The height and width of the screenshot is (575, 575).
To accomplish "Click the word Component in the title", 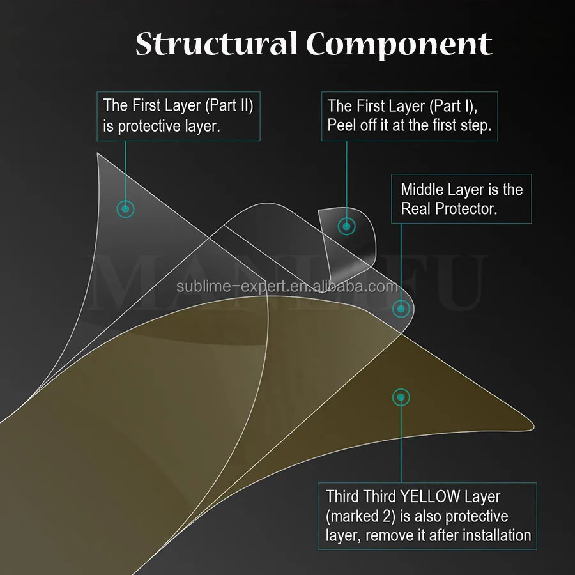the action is pos(399,45).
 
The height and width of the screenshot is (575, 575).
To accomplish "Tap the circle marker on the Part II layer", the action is pos(126,208).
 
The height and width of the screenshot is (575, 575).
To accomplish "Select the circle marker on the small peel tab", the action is pos(346,226).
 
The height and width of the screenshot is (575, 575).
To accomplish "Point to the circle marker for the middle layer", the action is pos(401,309).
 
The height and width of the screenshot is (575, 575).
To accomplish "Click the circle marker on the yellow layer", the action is pos(401,397).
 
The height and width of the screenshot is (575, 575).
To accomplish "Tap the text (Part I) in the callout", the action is pos(454,105).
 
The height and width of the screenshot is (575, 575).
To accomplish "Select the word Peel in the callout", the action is pos(342,125).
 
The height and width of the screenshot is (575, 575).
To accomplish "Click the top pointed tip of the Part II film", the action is pos(98,155).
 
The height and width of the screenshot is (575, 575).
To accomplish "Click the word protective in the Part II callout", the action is pos(149,126).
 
